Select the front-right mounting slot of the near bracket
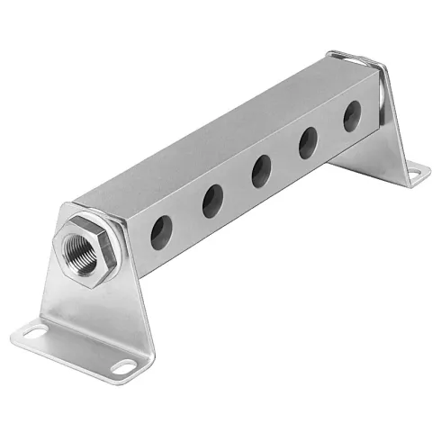point(121,365)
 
